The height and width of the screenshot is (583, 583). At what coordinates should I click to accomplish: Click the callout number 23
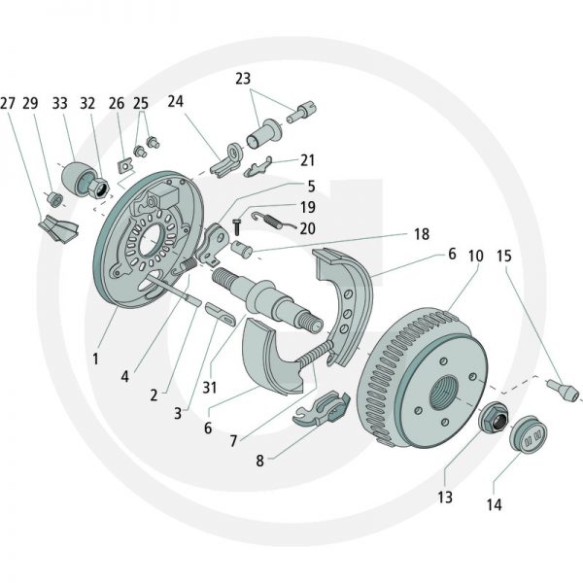[x=243, y=79]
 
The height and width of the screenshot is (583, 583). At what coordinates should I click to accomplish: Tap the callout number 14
[x=495, y=504]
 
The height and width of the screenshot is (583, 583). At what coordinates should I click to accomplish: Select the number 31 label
[x=210, y=388]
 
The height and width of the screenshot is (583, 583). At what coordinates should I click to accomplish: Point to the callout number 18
[x=422, y=234]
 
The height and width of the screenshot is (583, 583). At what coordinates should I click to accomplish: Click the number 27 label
[x=8, y=103]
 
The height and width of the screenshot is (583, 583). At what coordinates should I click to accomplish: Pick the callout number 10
[x=475, y=256]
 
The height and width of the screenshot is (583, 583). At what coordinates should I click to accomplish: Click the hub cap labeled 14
[x=528, y=434]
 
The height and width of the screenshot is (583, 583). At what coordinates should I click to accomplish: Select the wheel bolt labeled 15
[x=563, y=389]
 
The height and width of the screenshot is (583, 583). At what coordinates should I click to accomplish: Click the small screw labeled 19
[x=236, y=226]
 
